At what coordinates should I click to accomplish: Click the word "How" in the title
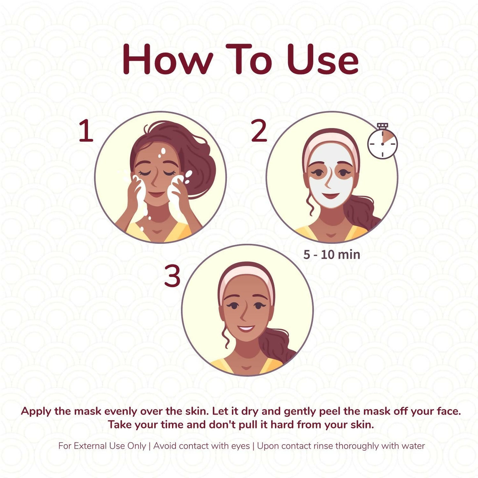click(167, 60)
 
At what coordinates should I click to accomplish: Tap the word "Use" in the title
click(323, 60)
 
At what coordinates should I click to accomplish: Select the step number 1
click(86, 131)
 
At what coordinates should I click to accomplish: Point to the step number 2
click(259, 131)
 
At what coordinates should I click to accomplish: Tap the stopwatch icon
click(382, 143)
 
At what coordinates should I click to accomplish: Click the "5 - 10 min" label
click(331, 255)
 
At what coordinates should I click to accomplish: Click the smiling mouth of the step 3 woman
click(246, 329)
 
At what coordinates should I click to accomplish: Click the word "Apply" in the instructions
click(36, 412)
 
